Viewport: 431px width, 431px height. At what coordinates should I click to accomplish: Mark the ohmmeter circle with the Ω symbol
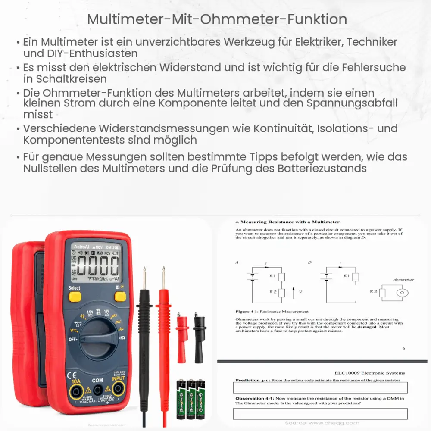[402, 292]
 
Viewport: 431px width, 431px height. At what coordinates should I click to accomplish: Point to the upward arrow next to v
[294, 293]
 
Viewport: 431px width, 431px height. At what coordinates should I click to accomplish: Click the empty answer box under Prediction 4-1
[320, 388]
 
